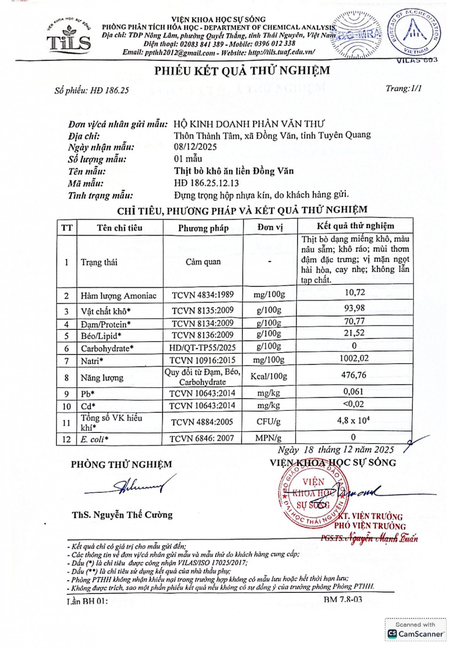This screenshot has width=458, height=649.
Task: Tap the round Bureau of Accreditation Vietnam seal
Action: click(x=414, y=32)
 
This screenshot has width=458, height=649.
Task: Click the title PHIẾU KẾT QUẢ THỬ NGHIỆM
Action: click(x=242, y=71)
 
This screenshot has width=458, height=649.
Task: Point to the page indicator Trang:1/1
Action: click(x=403, y=88)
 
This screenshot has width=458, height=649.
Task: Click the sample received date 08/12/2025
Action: click(x=195, y=147)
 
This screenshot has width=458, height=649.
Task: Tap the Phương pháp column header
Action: click(x=203, y=228)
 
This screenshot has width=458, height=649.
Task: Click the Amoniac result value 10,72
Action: click(x=355, y=293)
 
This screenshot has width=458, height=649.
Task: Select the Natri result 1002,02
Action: click(x=354, y=359)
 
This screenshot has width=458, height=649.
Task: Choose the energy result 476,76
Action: click(x=354, y=375)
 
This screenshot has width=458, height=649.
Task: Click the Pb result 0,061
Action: click(x=353, y=391)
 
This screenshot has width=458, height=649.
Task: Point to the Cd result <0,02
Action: click(x=353, y=404)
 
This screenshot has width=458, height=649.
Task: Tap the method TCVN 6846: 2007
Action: click(x=202, y=438)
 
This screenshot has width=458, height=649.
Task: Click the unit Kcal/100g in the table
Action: click(x=269, y=376)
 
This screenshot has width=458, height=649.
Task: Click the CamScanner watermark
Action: click(x=416, y=630)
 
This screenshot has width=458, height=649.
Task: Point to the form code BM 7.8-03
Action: click(x=343, y=599)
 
